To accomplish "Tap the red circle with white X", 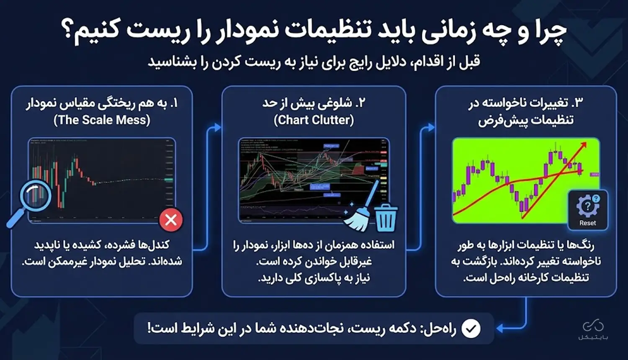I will [x=171, y=219].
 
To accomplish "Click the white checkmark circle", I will [x=471, y=329].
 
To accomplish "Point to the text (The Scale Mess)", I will [x=102, y=120].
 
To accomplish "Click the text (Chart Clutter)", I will [x=314, y=120].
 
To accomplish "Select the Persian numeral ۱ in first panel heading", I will [x=175, y=103].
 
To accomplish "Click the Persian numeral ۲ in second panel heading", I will [x=362, y=103].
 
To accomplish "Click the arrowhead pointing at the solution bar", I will [x=499, y=329].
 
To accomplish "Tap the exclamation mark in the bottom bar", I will [x=149, y=328].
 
